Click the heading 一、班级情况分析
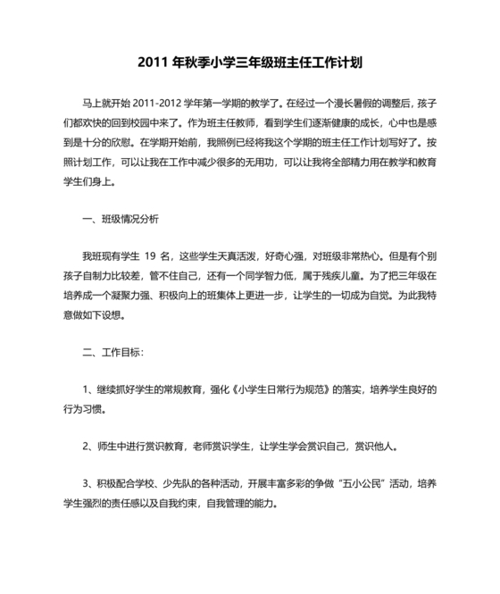120,217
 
